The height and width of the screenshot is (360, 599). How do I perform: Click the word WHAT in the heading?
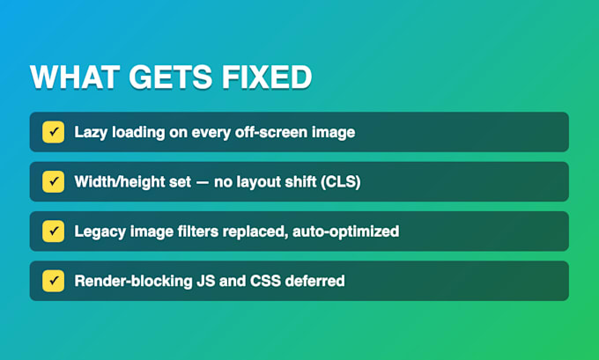click(75, 77)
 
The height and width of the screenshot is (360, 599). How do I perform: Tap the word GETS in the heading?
click(170, 77)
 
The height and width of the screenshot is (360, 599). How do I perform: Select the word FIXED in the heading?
click(267, 77)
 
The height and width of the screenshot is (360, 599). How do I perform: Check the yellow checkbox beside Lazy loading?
click(53, 132)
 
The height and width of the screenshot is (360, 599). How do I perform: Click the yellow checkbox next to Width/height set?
click(53, 181)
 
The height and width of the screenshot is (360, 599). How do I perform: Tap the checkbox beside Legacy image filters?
click(53, 231)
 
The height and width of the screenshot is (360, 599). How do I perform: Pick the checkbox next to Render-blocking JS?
click(53, 281)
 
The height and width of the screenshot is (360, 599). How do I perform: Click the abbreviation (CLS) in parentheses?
click(340, 182)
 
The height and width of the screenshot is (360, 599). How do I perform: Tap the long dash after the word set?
click(203, 182)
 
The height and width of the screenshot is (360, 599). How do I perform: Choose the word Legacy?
click(100, 232)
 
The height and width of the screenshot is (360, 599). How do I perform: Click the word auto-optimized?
click(345, 231)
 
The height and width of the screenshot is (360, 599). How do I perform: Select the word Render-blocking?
click(133, 282)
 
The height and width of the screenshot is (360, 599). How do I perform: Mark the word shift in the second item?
click(303, 181)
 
